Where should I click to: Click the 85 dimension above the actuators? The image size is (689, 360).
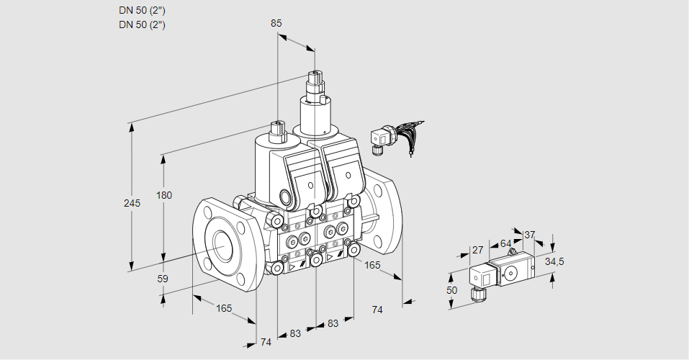point(276,23)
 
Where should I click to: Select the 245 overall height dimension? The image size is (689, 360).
point(132,203)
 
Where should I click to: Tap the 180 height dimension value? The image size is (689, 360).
point(165,196)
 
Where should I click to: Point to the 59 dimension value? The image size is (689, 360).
point(163,279)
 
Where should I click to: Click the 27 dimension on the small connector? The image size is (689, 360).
point(477,250)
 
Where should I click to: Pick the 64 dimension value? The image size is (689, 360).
point(505,243)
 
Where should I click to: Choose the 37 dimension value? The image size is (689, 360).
point(530,235)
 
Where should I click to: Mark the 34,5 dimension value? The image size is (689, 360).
point(554,261)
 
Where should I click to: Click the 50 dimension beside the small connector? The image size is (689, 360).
point(451,290)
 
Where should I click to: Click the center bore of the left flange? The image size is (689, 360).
point(221,246)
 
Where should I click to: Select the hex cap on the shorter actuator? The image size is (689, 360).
point(278,132)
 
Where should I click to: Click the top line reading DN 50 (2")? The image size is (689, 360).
point(142,11)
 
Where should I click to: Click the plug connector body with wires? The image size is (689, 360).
point(379,137)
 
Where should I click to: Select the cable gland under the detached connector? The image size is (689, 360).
point(476,293)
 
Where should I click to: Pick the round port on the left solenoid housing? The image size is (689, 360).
point(287,197)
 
